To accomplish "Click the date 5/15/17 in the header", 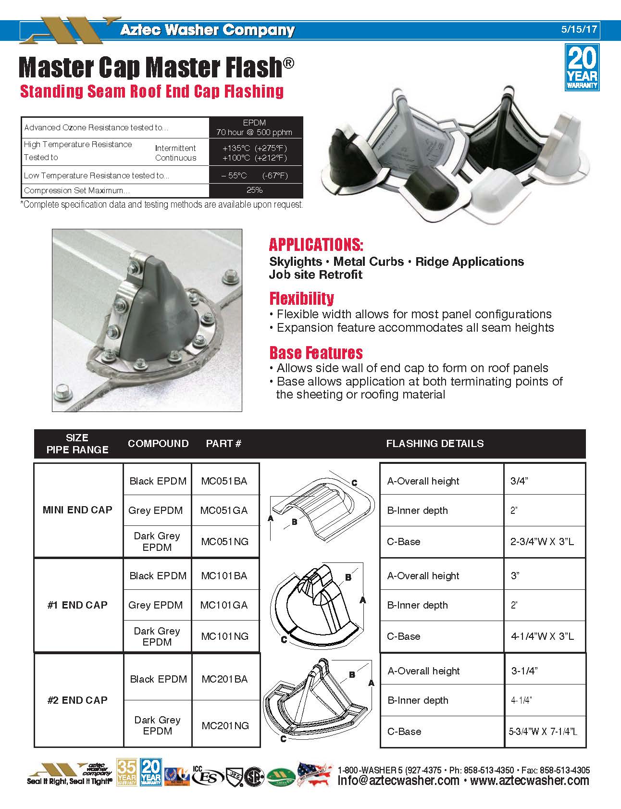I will point(579,29).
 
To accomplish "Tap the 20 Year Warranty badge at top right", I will point(582,67).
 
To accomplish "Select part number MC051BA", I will point(224,481).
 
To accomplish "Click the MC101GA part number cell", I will point(224,605).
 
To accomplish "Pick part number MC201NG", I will point(225,725).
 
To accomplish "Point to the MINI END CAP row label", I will point(77,510).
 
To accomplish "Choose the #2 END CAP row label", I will point(77,700).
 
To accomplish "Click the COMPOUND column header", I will point(158,443).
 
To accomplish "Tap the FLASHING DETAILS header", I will point(435,443).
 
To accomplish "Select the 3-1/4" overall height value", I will point(524,671).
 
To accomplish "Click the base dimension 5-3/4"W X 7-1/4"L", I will point(543,732).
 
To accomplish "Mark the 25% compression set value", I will point(254,190).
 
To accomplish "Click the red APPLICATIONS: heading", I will point(316,245).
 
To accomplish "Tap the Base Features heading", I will point(316,352).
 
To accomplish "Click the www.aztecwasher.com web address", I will point(530,781).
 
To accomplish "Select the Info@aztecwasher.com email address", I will point(398,781).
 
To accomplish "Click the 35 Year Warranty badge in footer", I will point(127,772).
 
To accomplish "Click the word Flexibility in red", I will point(301,298).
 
